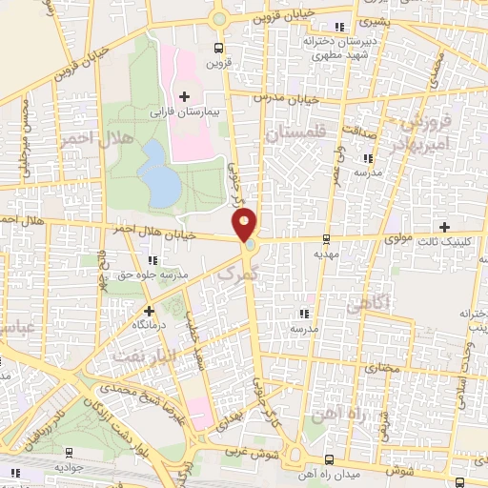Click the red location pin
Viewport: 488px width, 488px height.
245,224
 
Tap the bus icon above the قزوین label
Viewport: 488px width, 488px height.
219,45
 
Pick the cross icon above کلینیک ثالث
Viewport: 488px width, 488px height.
444,226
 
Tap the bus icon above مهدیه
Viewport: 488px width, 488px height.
327,238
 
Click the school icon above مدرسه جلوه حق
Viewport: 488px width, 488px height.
152,260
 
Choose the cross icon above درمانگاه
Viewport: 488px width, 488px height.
149,311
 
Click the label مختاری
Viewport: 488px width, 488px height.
379,365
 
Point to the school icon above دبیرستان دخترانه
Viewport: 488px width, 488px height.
340,27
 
